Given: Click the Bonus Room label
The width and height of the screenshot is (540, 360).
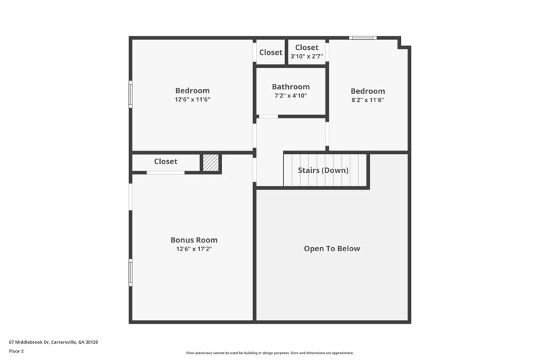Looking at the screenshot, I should click(x=194, y=240).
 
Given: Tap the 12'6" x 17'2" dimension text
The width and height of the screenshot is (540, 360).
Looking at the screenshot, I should click(x=194, y=249).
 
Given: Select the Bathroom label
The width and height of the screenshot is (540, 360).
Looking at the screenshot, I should click(x=291, y=86).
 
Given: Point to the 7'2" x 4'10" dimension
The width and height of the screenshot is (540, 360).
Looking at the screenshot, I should click(x=291, y=96).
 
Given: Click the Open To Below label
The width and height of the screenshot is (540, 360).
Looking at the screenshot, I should click(x=331, y=249).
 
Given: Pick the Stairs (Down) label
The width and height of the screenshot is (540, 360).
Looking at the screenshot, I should click(x=323, y=170).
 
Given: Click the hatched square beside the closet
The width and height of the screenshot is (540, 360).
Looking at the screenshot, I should click(x=211, y=163).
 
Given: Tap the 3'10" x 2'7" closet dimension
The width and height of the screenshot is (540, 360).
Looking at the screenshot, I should click(x=306, y=57).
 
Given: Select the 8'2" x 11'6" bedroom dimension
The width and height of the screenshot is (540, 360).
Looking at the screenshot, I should click(x=368, y=100).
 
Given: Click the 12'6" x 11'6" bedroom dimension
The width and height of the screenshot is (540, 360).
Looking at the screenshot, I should click(x=192, y=99).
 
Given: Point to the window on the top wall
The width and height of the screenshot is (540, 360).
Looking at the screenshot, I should click(x=362, y=38).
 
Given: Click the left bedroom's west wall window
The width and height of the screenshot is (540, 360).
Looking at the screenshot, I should click(x=131, y=94).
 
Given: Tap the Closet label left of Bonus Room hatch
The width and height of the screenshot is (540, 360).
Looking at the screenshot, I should click(x=165, y=161).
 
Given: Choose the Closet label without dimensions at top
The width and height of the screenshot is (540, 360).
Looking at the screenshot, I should click(x=271, y=52).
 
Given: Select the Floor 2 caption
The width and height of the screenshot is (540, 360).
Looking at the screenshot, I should click(x=16, y=351).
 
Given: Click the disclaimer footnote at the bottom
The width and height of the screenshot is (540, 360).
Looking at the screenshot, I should click(x=270, y=353).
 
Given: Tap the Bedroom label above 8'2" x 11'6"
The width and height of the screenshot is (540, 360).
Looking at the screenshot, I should click(x=368, y=91).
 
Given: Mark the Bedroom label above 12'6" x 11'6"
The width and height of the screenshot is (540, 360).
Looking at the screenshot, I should click(x=192, y=91).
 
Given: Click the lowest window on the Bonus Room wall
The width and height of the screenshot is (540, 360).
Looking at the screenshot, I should click(x=131, y=273).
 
